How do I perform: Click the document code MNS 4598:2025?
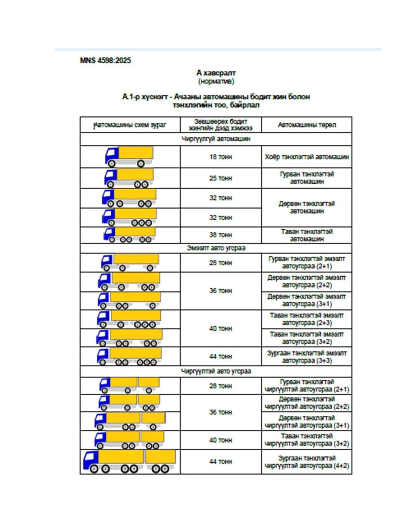click(105, 61)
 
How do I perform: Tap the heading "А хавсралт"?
click(216, 73)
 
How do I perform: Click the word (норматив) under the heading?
click(216, 82)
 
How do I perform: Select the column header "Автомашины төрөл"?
click(307, 125)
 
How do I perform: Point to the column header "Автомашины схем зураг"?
click(130, 125)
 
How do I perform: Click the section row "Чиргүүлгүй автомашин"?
click(216, 139)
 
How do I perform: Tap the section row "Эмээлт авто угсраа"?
click(216, 248)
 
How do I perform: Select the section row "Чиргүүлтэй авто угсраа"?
click(216, 371)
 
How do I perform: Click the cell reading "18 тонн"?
click(220, 157)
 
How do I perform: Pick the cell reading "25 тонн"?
click(220, 178)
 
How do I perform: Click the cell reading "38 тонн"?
click(220, 235)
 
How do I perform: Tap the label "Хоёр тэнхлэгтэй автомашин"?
click(307, 157)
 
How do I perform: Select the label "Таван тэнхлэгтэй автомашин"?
click(307, 235)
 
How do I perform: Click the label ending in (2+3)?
click(307, 319)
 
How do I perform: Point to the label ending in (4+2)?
click(307, 462)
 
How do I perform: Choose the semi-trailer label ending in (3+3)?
click(307, 357)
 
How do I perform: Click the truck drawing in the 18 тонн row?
click(129, 157)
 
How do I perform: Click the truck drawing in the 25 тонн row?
click(129, 178)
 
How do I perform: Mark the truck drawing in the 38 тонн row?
click(130, 235)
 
